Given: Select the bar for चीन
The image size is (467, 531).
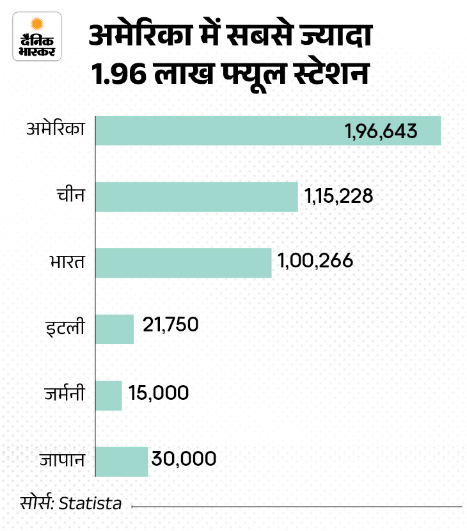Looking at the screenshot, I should coord(197,196).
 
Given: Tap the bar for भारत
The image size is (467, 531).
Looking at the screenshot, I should coord(184,263).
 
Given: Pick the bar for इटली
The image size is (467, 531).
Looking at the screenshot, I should coord(115,329).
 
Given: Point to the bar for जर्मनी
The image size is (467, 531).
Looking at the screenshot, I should coord(109,395).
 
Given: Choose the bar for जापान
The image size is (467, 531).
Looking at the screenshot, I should coord(122,461).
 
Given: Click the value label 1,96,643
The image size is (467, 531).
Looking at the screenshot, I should coord(381,131).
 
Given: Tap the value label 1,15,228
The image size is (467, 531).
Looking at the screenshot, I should coord(338,196).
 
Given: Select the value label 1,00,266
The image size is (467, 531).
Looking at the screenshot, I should coord(315,262).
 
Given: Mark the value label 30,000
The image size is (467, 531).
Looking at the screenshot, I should coord(184,459).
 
